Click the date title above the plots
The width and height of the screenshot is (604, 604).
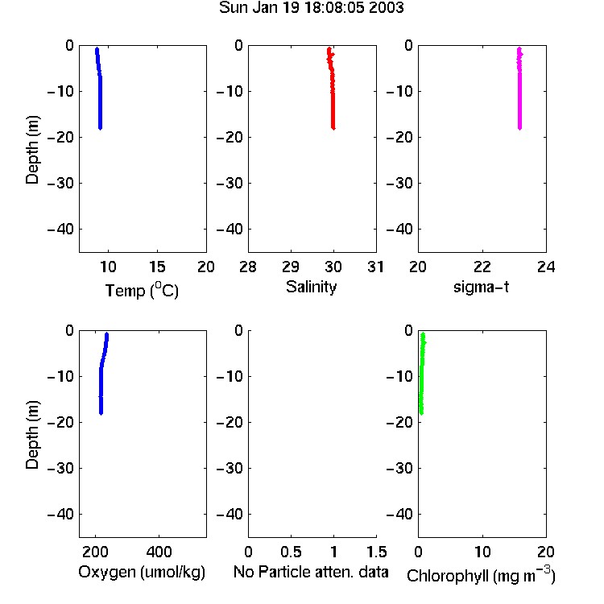point(311,8)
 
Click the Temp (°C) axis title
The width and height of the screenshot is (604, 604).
point(142,290)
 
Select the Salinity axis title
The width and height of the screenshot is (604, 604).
point(311,287)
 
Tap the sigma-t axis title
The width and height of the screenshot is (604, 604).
point(481,287)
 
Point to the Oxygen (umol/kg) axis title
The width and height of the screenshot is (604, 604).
point(142,573)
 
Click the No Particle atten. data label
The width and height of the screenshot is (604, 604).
point(311,572)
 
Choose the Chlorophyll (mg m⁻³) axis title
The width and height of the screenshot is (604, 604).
point(481,575)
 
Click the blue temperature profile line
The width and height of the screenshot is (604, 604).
point(100,89)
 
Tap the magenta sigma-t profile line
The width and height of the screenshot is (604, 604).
point(519,89)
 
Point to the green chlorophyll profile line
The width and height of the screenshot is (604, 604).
point(421,374)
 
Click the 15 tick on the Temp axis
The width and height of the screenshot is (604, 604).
point(157,267)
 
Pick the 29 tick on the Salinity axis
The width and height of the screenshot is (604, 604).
point(291,267)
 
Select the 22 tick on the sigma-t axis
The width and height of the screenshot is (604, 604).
point(482,267)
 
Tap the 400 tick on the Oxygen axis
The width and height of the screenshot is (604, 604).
point(159,552)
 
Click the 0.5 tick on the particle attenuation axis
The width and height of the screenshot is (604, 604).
point(291,552)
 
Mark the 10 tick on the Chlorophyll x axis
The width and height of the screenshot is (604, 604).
point(482,552)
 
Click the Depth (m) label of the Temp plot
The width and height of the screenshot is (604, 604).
point(32,150)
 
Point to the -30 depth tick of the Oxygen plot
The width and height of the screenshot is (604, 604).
point(60,468)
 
